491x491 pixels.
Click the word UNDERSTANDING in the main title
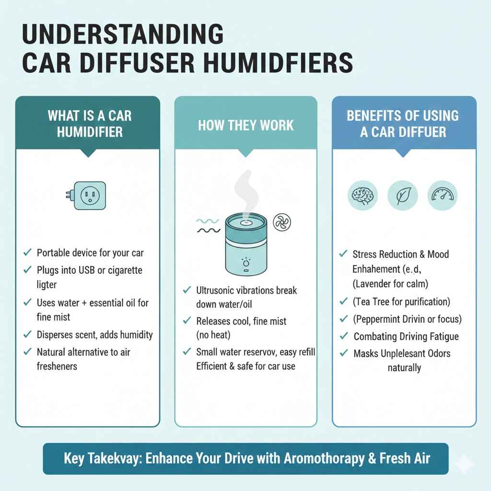point(122,36)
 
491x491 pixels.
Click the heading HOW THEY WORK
point(245,126)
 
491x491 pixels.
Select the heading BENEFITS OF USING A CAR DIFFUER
point(403,123)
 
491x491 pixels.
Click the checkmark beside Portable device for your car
point(27,252)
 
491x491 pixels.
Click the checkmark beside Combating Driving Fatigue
point(343,337)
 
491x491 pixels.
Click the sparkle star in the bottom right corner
point(464,464)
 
